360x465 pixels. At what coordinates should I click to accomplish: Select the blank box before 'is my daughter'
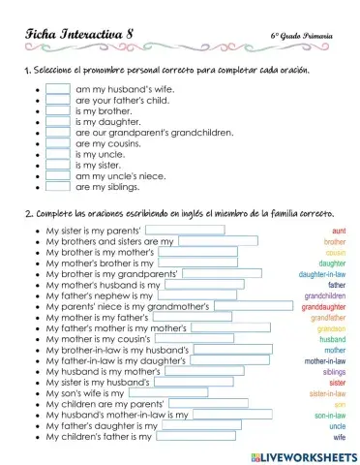click(x=58, y=121)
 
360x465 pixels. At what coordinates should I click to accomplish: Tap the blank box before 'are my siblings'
click(x=58, y=187)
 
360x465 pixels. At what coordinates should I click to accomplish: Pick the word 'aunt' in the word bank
click(x=339, y=231)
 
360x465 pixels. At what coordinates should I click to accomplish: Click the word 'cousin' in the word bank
click(x=336, y=252)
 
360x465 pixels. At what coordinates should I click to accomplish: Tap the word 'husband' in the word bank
click(x=333, y=340)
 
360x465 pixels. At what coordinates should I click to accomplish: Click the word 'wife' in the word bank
click(x=340, y=437)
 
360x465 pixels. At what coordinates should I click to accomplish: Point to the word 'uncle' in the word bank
click(x=338, y=426)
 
